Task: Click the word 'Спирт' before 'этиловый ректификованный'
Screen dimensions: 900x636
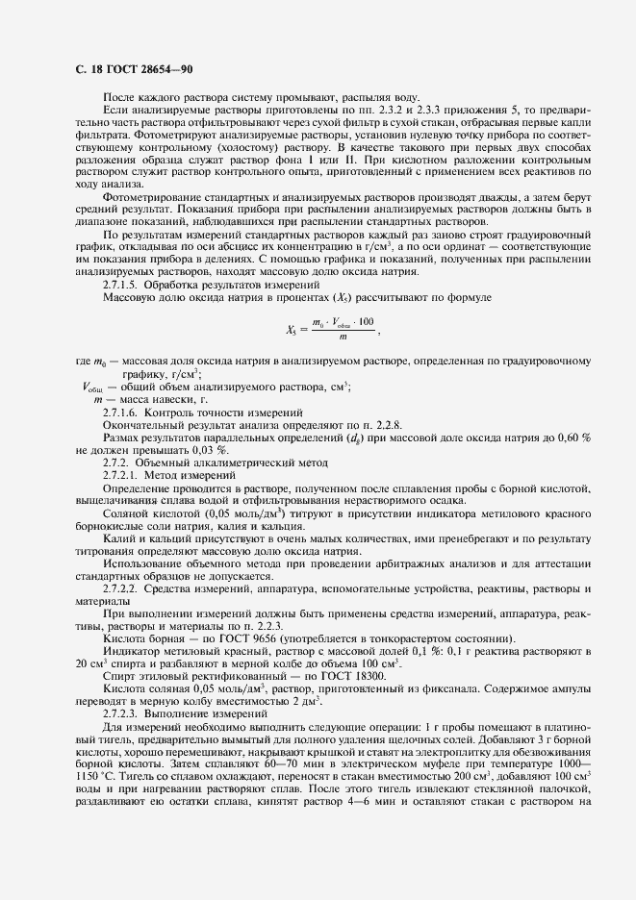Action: coord(120,677)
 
